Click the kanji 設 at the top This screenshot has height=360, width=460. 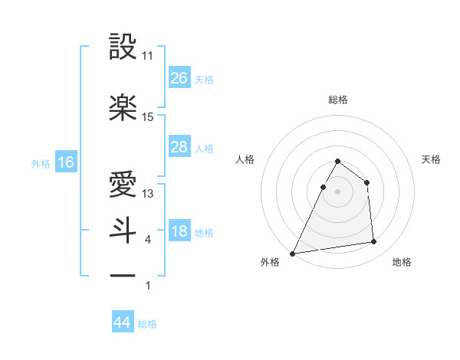(x=123, y=47)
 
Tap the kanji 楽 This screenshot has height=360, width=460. (x=123, y=108)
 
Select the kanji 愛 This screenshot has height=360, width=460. (x=123, y=185)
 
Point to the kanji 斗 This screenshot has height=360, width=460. (x=123, y=231)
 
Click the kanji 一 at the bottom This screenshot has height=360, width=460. (x=123, y=275)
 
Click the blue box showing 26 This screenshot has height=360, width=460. (x=179, y=77)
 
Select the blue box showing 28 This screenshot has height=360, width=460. (x=179, y=147)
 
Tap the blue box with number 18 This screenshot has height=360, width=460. (x=179, y=232)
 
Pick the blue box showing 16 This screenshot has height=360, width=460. (x=65, y=162)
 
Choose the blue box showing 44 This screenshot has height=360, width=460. (x=123, y=322)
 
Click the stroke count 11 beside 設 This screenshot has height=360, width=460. (x=148, y=56)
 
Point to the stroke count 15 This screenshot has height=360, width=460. (x=148, y=117)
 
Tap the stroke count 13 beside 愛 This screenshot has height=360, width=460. (x=148, y=194)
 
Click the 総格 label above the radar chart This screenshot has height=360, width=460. (x=337, y=100)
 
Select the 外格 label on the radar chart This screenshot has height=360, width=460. (x=270, y=263)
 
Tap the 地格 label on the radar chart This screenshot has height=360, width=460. (x=402, y=263)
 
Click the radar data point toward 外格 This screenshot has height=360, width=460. (x=293, y=254)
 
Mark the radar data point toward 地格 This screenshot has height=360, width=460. (x=374, y=242)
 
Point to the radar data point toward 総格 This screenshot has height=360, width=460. (x=337, y=162)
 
